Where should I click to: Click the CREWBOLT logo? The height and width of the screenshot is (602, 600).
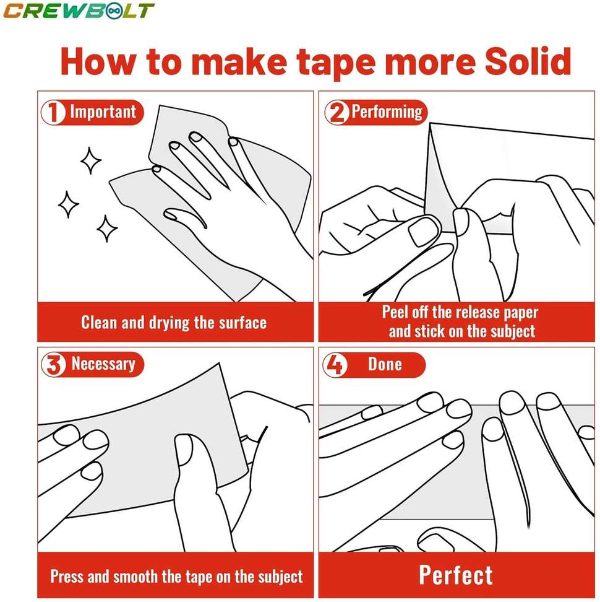click(x=78, y=11)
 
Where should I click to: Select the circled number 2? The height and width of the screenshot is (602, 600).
click(x=338, y=113)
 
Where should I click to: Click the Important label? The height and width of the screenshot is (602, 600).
click(x=102, y=112)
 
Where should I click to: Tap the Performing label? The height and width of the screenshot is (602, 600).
click(x=387, y=112)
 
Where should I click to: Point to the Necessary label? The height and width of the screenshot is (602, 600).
click(x=103, y=364)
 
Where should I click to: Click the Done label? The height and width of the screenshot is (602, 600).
click(x=385, y=364)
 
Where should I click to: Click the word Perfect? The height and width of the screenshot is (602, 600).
click(x=456, y=575)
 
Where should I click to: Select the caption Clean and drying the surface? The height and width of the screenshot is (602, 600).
click(x=174, y=322)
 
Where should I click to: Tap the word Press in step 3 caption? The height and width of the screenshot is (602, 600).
click(x=66, y=577)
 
